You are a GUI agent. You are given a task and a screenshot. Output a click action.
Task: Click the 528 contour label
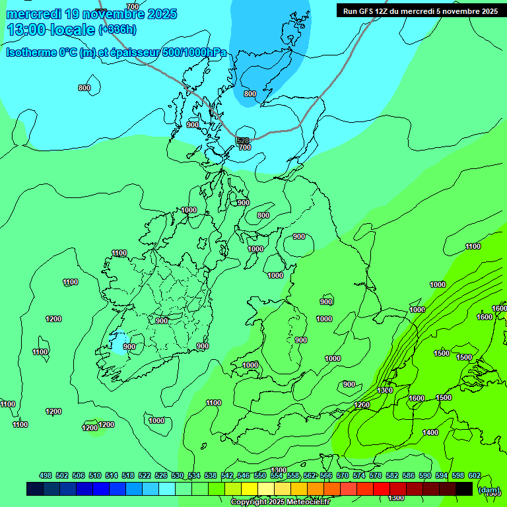click(243, 141)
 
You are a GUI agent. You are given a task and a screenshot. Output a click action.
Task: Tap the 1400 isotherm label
click(430, 432)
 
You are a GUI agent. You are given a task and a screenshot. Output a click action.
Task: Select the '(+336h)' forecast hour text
click(118, 29)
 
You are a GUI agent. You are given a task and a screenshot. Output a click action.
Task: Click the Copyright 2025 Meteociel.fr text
click(281, 502)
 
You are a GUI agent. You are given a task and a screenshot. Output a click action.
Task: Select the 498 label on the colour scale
click(46, 475)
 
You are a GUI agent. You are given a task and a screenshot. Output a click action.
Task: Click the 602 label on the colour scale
click(475, 475)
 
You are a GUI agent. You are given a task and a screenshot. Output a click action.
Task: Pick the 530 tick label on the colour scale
click(178, 475)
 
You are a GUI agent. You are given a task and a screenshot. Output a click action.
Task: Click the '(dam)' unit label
click(489, 490)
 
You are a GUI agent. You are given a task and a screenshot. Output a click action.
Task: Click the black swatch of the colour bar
click(464, 489)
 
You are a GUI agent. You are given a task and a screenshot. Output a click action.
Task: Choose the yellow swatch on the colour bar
click(250, 489)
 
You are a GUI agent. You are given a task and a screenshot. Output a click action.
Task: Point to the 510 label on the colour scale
click(95, 475)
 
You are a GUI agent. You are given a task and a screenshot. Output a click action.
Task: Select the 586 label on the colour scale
click(409, 475)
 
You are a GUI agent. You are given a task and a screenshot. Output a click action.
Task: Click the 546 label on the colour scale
click(244, 475)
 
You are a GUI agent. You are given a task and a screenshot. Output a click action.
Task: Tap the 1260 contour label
click(362, 405)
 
